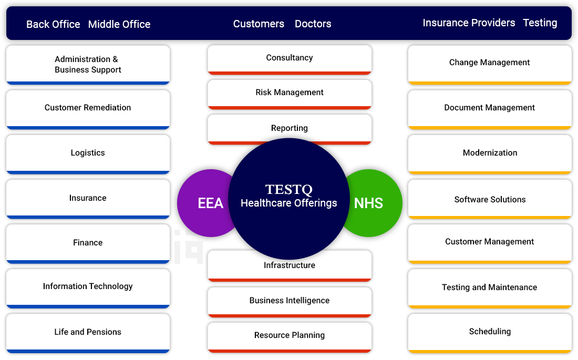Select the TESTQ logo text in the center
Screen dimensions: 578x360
[x=288, y=189]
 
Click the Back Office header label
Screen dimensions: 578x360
[x=53, y=24]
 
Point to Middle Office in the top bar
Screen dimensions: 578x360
[x=119, y=24]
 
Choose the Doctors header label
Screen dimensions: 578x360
[x=313, y=24]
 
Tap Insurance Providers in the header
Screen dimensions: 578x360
[x=469, y=23]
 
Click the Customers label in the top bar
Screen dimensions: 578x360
[x=259, y=24]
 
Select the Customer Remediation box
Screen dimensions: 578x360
[x=88, y=109]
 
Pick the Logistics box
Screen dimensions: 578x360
[x=88, y=154]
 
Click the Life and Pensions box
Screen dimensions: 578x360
[x=88, y=333]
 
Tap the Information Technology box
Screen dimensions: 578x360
[x=88, y=289]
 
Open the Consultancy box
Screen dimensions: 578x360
[x=290, y=60]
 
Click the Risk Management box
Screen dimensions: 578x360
[x=290, y=95]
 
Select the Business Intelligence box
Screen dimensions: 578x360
[x=290, y=302]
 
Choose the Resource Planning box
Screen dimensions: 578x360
[x=290, y=337]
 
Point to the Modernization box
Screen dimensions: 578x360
[x=490, y=154]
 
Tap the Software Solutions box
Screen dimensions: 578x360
[x=490, y=199]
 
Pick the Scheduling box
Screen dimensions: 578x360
[x=490, y=333]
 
